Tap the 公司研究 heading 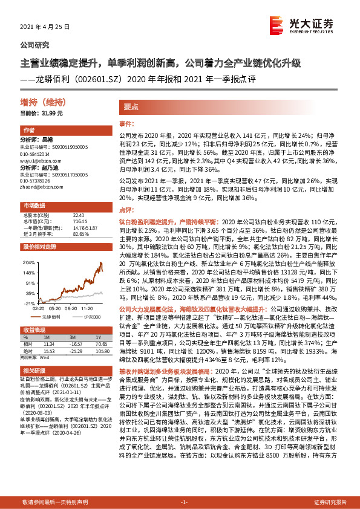pos(35,45)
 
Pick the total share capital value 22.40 pos(77,215)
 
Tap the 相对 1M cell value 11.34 pos(50,343)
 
